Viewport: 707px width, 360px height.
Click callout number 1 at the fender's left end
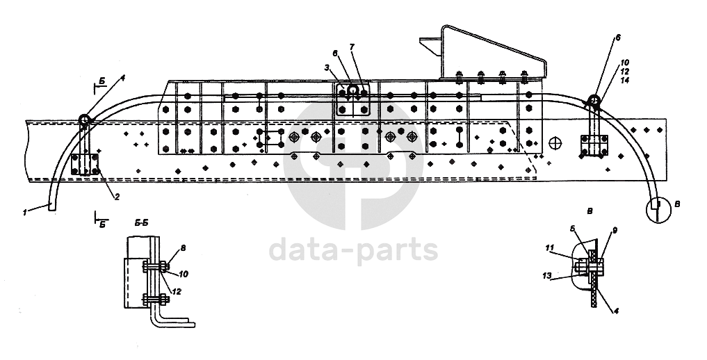coord(24,213)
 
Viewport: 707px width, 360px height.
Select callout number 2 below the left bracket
coord(117,197)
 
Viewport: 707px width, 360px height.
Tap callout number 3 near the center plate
coord(326,67)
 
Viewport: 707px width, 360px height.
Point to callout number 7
coord(352,46)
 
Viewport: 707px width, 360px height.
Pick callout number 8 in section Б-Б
coord(183,247)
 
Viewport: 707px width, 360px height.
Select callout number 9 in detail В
coord(615,230)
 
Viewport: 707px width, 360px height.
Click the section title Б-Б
coord(140,224)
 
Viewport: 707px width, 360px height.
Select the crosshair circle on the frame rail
coord(555,143)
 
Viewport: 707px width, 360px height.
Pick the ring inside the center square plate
coord(353,90)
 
